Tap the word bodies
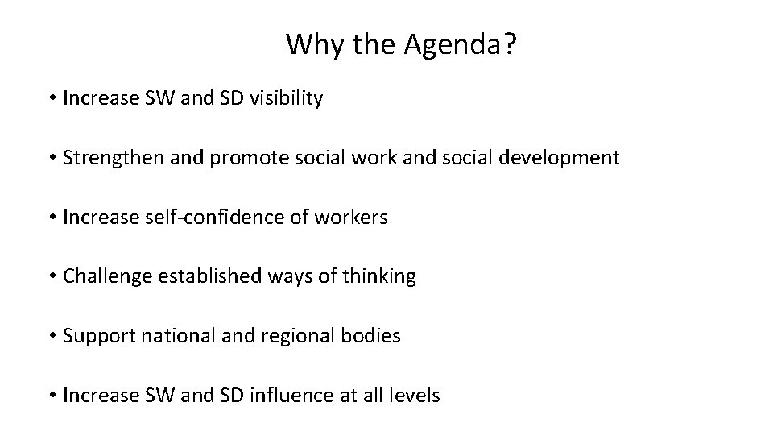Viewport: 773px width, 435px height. click(374, 336)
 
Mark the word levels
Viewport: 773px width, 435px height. click(415, 396)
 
